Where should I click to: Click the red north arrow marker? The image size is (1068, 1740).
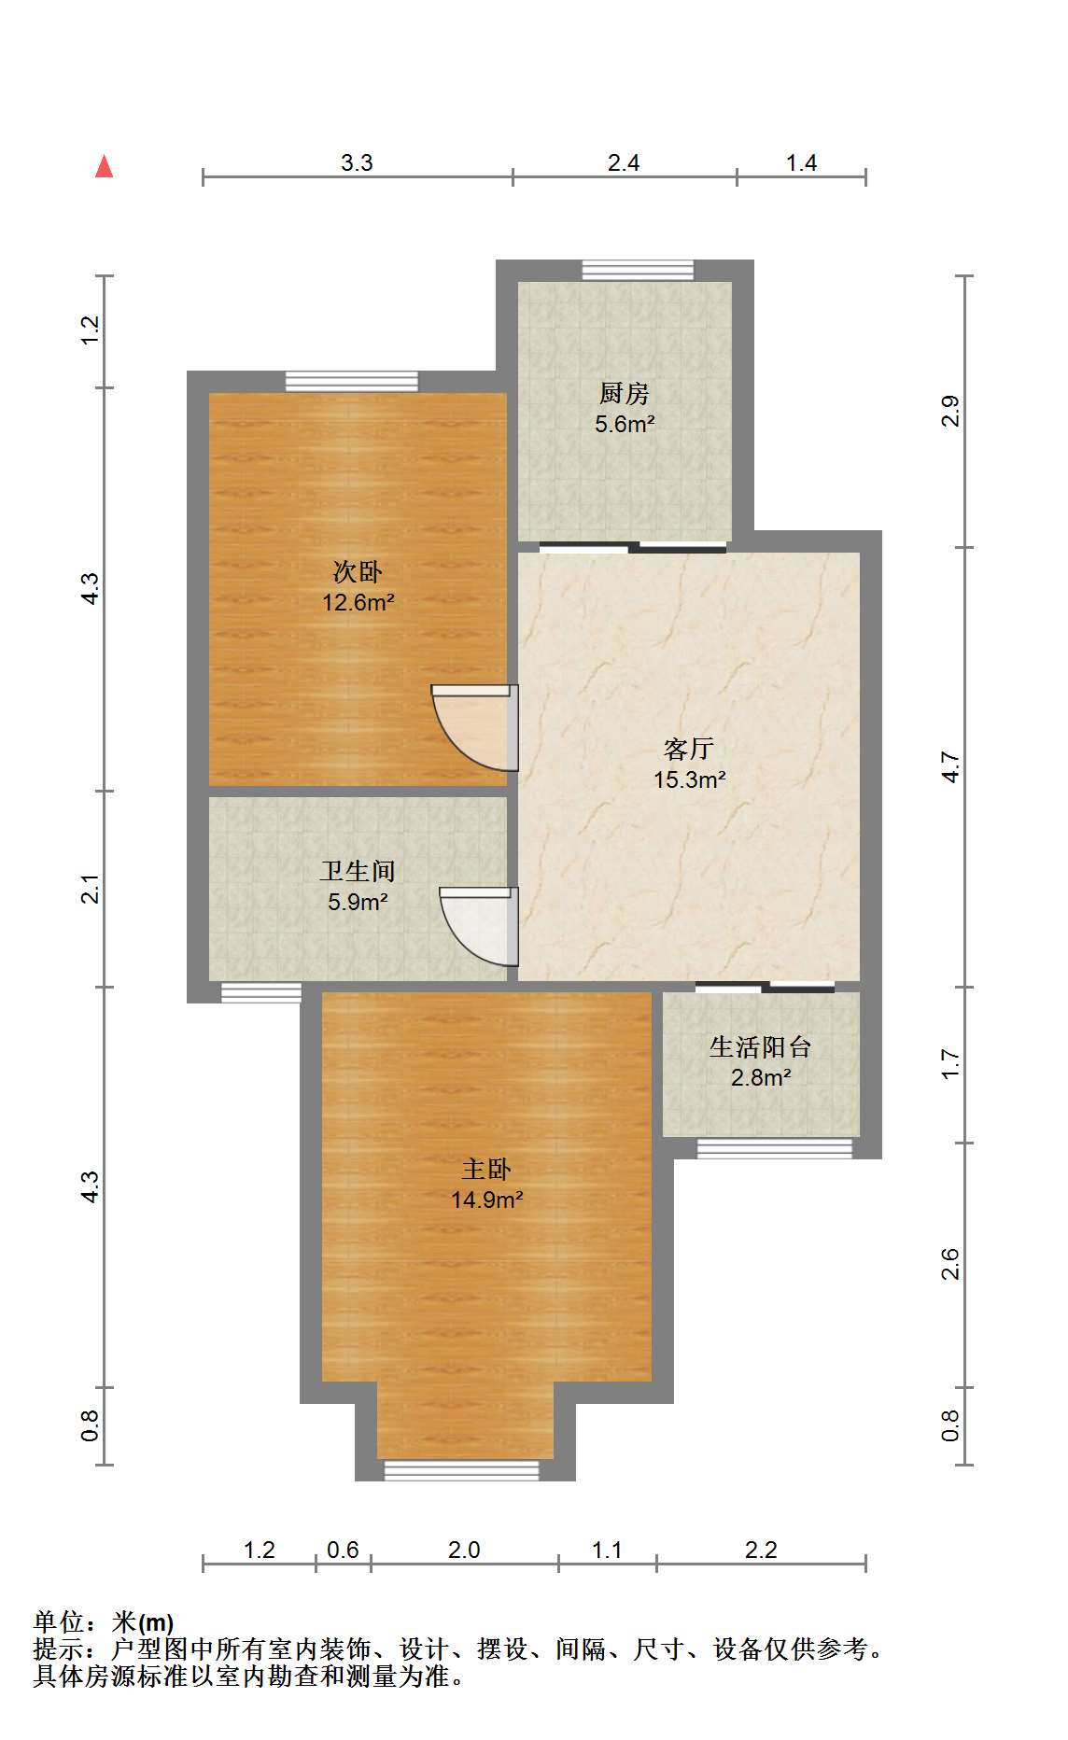pyautogui.click(x=104, y=167)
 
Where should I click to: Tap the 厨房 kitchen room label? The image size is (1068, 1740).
pyautogui.click(x=624, y=393)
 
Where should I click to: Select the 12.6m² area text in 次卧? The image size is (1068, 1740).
pyautogui.click(x=358, y=603)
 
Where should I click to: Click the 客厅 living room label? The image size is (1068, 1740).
pyautogui.click(x=689, y=748)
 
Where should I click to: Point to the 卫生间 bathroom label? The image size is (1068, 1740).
pyautogui.click(x=358, y=872)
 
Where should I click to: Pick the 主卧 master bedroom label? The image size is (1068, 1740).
pyautogui.click(x=486, y=1170)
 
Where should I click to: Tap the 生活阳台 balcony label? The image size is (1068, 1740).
pyautogui.click(x=760, y=1047)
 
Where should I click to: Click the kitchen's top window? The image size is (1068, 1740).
pyautogui.click(x=638, y=271)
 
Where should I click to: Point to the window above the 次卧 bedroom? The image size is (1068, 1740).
pyautogui.click(x=351, y=382)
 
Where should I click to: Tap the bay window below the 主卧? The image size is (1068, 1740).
pyautogui.click(x=461, y=1470)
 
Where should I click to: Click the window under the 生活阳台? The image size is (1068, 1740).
pyautogui.click(x=774, y=1148)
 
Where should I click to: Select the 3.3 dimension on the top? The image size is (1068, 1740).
pyautogui.click(x=356, y=163)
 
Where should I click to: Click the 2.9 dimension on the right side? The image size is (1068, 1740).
pyautogui.click(x=949, y=412)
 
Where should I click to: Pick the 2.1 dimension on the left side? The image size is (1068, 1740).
pyautogui.click(x=90, y=889)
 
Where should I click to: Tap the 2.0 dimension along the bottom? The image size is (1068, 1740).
pyautogui.click(x=463, y=1551)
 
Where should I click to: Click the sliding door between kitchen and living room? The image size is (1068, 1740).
pyautogui.click(x=632, y=547)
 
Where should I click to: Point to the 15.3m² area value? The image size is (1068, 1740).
pyautogui.click(x=689, y=779)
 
